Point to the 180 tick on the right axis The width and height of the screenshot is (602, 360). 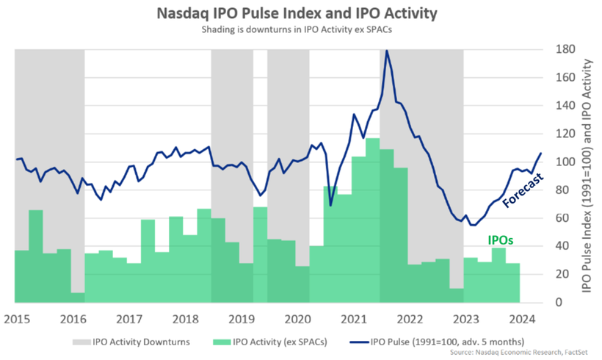(x=550, y=49)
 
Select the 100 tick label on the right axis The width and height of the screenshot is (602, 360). (x=550, y=162)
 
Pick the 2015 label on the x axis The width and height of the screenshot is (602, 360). (x=15, y=319)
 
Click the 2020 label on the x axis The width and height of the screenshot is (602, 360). (x=297, y=319)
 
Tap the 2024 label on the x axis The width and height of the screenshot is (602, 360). (x=522, y=319)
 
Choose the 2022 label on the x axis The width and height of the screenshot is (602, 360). (x=410, y=319)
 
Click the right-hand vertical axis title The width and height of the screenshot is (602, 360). (x=587, y=176)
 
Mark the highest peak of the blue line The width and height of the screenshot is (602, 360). (x=387, y=51)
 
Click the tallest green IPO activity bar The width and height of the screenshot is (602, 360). (x=372, y=220)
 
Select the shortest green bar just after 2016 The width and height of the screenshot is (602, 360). (x=77, y=297)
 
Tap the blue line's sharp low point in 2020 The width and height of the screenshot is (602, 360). (x=330, y=205)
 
